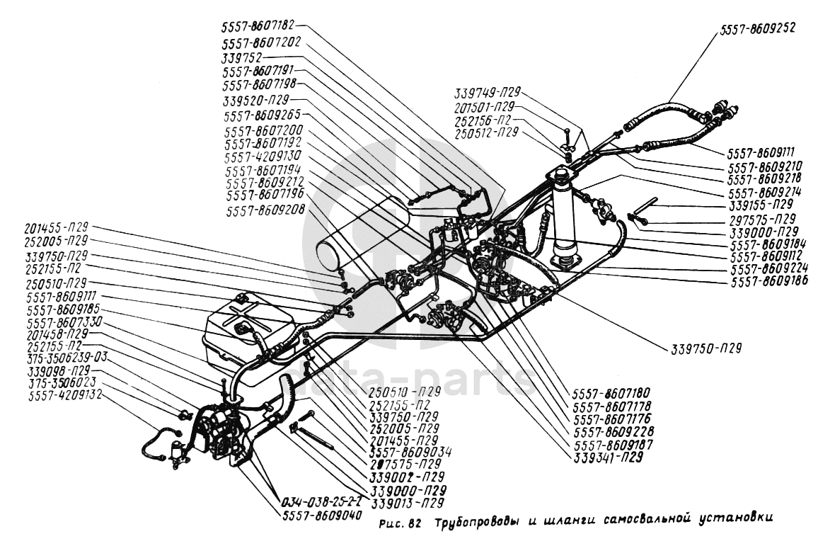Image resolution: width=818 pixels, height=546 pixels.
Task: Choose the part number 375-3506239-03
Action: pos(65,358)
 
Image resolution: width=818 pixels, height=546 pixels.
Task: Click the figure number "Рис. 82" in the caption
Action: pos(401,525)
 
